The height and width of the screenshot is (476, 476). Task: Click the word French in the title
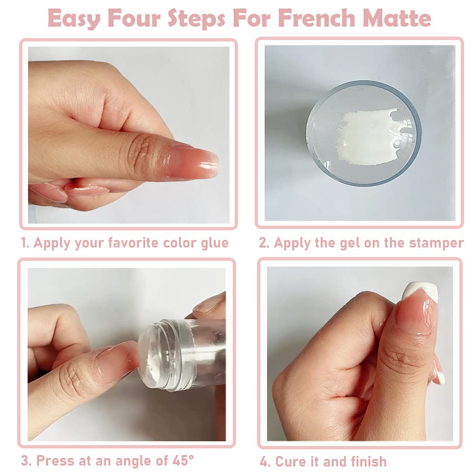click(317, 18)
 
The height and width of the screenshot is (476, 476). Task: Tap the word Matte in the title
click(397, 18)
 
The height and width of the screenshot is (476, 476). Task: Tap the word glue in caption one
click(213, 243)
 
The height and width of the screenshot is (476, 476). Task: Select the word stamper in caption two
click(436, 243)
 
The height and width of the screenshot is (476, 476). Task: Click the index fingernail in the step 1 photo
click(195, 162)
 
